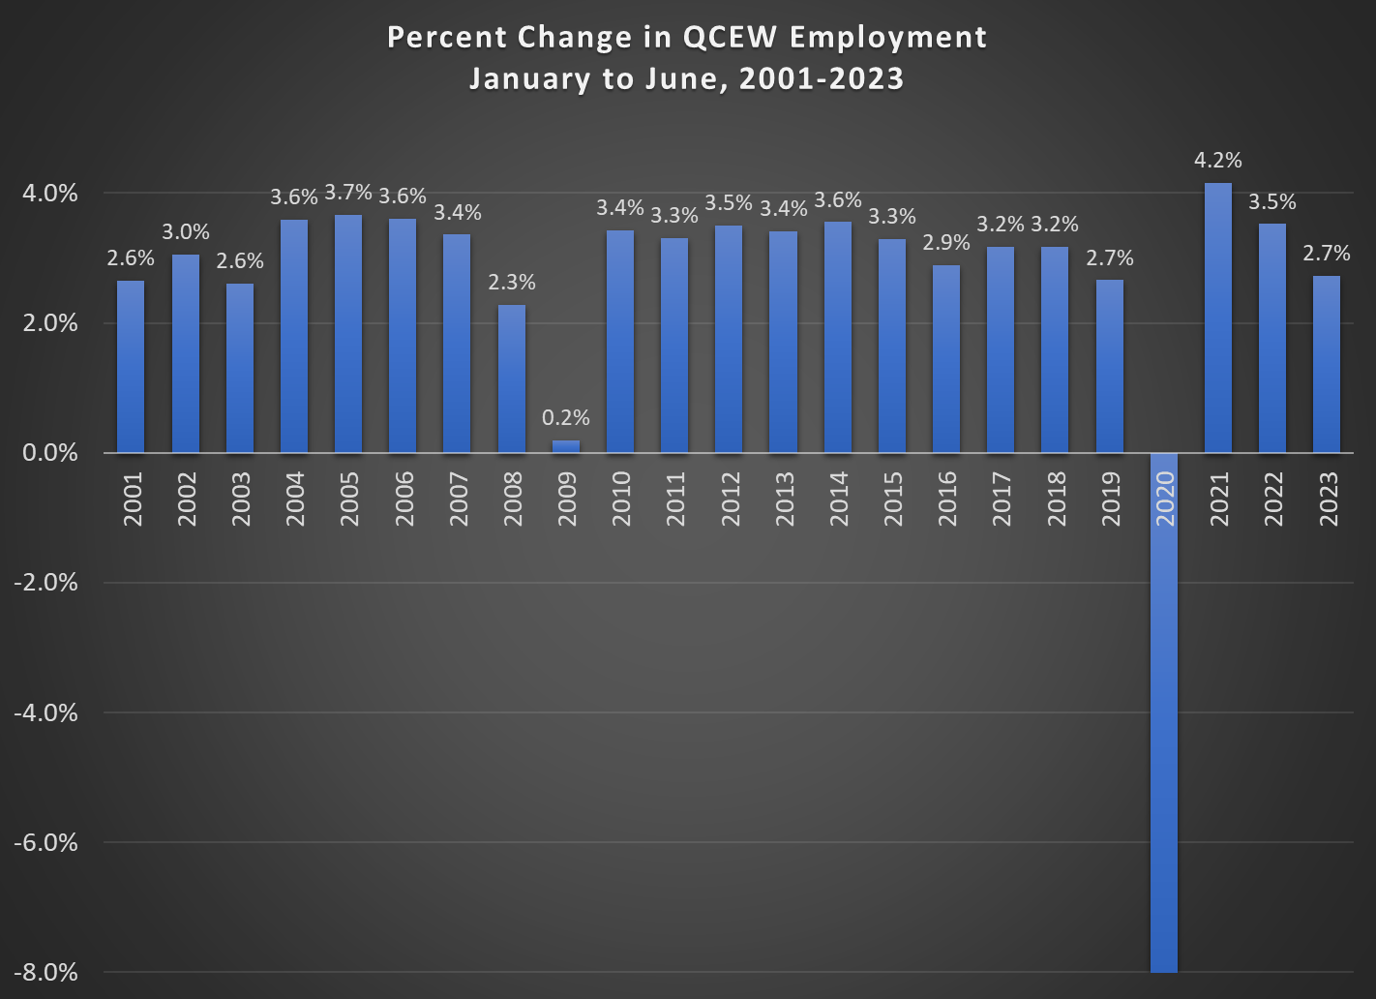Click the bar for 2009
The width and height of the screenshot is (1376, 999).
tap(566, 446)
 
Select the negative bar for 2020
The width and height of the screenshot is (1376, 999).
tap(1164, 711)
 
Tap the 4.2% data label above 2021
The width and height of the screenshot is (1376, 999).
tap(1218, 161)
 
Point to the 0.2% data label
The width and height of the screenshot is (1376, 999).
tap(566, 418)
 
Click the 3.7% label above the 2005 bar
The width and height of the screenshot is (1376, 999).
tap(348, 193)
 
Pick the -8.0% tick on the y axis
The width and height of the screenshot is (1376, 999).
tap(45, 973)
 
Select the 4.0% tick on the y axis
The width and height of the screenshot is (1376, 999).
tap(51, 194)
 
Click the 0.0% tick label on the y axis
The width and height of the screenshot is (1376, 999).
tap(51, 453)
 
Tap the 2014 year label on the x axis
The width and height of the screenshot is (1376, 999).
tap(839, 499)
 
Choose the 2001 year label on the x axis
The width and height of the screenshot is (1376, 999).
tap(133, 499)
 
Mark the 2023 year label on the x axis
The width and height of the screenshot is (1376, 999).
tap(1329, 499)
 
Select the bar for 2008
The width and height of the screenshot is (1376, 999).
tap(512, 378)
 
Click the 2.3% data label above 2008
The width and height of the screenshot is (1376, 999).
tap(512, 283)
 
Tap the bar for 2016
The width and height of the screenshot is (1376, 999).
tap(946, 359)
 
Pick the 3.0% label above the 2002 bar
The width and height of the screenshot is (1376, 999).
tap(186, 232)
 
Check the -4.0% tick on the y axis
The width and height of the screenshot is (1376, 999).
tap(45, 713)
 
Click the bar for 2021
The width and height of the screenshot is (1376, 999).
tap(1218, 318)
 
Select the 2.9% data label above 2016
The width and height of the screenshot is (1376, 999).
tap(946, 243)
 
